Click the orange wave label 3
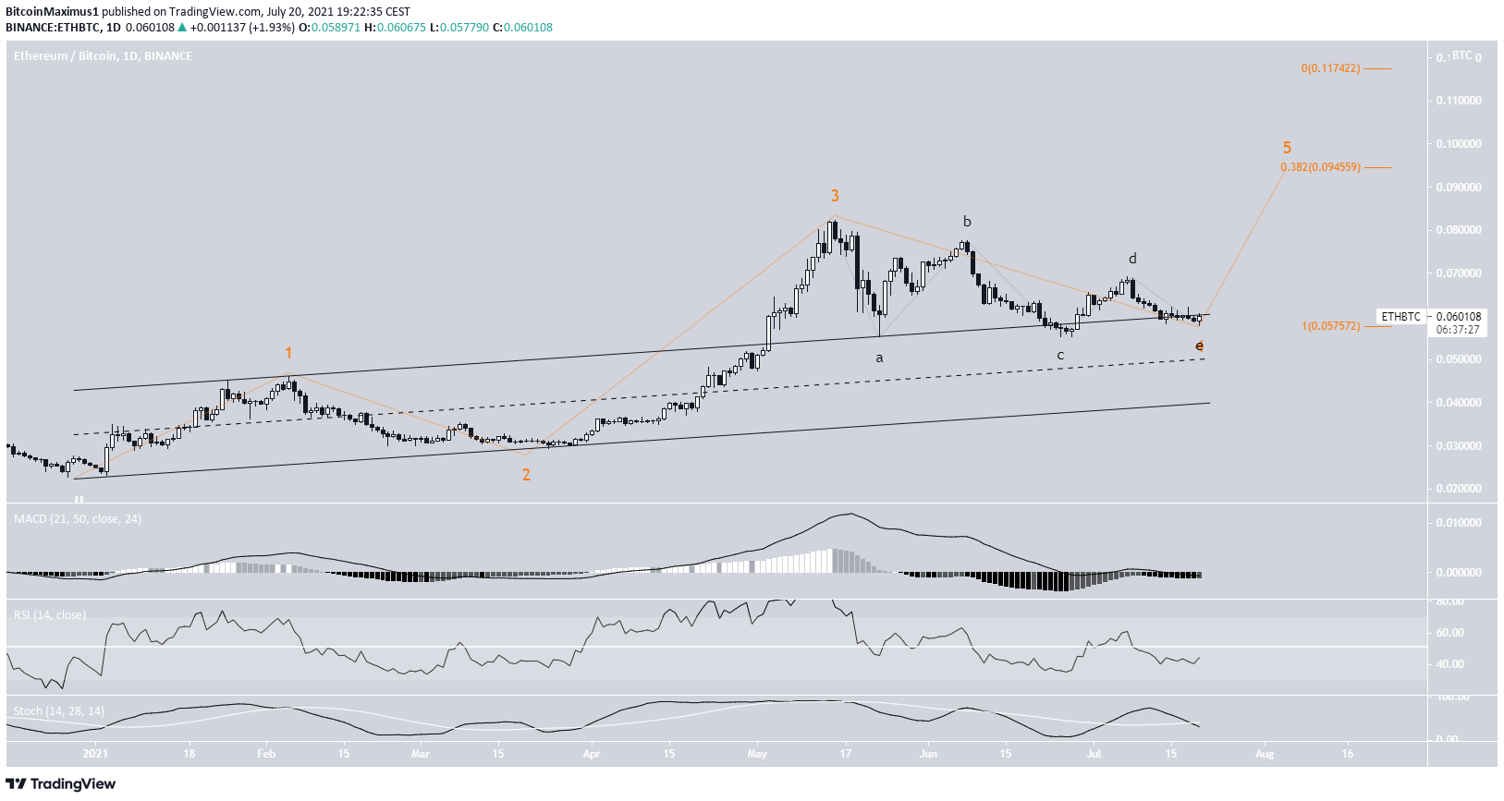835,196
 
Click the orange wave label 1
288,353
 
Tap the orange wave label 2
526,475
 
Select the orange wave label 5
1287,148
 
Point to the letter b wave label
967,222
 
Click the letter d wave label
1132,259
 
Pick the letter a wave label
879,357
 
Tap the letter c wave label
1060,355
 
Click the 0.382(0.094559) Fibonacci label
1319,167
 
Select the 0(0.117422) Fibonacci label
1330,68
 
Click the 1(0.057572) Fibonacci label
1330,326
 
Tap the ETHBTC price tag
1400,317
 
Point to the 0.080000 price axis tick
1458,230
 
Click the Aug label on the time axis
1264,754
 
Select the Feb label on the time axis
266,754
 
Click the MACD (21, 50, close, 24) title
78,519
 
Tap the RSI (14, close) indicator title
50,615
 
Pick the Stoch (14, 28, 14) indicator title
59,711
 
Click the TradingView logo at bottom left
61,784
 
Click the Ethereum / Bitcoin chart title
103,56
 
